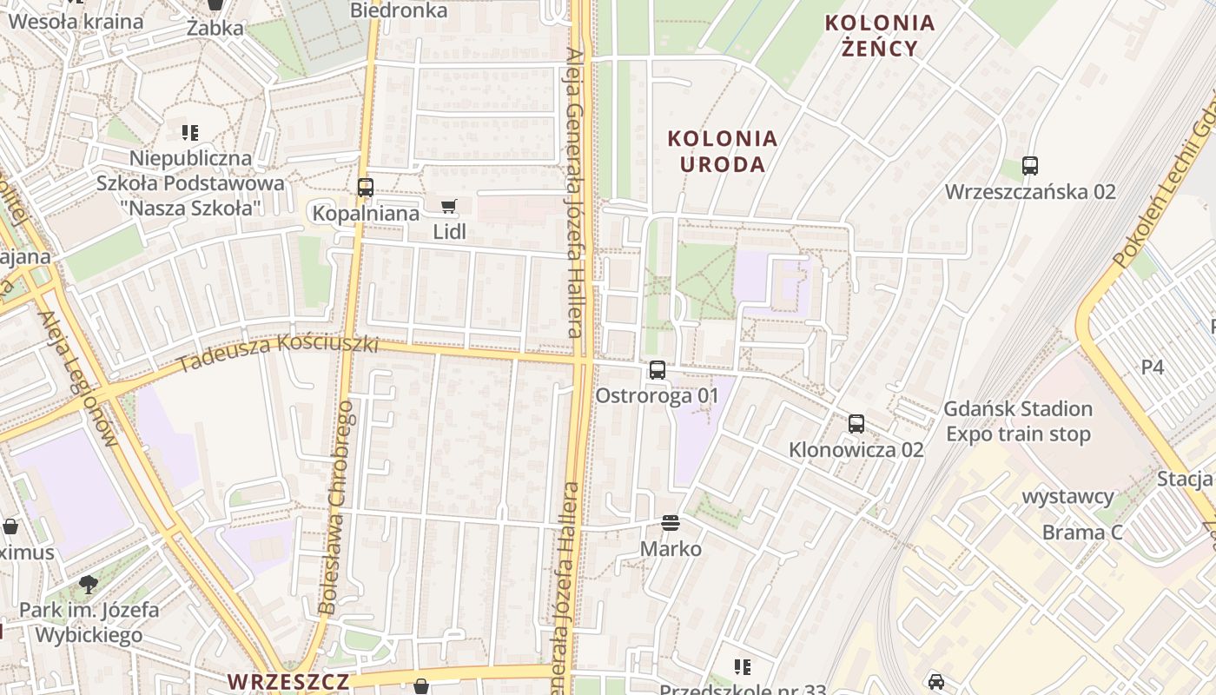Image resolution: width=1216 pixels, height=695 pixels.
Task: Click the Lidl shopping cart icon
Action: tap(448, 206)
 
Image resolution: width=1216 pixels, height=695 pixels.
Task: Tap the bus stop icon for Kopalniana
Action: tap(366, 187)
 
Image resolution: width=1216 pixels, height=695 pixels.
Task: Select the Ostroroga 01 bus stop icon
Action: tap(658, 370)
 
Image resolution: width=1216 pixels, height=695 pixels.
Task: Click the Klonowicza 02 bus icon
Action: tap(856, 424)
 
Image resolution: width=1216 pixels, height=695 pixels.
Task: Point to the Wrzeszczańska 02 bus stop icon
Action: tap(1030, 165)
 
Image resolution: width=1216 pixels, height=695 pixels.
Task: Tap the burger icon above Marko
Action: tap(670, 523)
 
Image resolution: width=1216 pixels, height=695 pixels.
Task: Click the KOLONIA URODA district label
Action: tap(722, 151)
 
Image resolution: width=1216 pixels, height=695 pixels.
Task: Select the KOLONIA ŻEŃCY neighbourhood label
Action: tap(880, 35)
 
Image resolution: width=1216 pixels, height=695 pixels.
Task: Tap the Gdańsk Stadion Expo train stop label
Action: tap(1017, 421)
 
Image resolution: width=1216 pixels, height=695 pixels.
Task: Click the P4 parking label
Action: tap(1152, 367)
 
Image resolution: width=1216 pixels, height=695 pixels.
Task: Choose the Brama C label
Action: tap(1082, 532)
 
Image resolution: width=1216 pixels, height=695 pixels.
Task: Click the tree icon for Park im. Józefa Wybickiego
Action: tap(88, 584)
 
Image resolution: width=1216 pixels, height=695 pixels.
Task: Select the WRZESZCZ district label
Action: tap(288, 681)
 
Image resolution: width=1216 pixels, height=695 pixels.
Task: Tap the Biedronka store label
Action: tap(399, 10)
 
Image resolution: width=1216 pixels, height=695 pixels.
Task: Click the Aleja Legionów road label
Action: tap(78, 378)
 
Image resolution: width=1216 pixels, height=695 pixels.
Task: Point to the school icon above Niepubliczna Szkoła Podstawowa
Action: tap(190, 133)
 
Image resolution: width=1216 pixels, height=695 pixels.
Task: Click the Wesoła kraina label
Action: tap(76, 22)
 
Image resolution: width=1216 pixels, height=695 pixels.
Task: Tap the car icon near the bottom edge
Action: tap(935, 681)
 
